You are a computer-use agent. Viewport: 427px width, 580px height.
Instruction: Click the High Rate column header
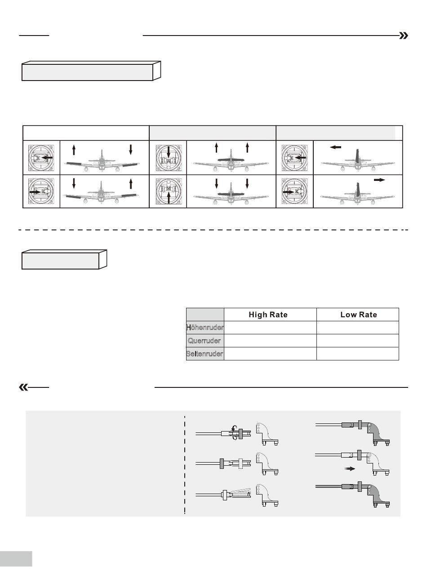(268, 315)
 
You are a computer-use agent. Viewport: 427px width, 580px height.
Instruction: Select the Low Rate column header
(358, 315)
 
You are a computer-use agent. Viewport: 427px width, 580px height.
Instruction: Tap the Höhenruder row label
(205, 328)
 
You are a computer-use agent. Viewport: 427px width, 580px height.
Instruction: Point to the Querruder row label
(205, 341)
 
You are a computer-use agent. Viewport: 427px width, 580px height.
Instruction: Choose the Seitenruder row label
(205, 354)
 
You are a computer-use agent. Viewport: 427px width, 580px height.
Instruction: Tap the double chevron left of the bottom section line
(23, 387)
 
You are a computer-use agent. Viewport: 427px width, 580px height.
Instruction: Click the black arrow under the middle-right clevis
(350, 468)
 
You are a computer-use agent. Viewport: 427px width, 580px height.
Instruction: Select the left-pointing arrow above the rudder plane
(335, 147)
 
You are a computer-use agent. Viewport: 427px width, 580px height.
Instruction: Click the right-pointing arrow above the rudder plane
(379, 179)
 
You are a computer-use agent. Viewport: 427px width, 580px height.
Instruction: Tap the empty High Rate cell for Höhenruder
(270, 328)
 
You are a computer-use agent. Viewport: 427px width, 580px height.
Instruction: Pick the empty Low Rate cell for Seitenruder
(358, 354)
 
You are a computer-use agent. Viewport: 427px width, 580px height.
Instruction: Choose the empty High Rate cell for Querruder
(270, 341)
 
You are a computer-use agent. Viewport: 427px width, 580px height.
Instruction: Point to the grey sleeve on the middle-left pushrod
(222, 463)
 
